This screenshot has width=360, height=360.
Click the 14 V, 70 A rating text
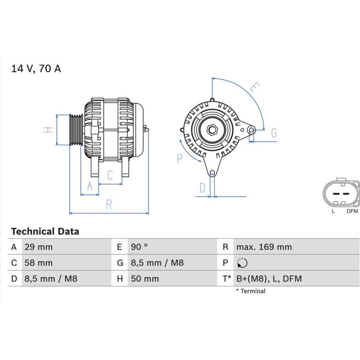[x=36, y=69]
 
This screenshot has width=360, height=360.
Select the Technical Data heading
[x=45, y=231]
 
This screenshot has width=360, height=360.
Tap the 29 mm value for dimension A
[x=39, y=247]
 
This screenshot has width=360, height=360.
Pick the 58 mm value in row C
[x=39, y=263]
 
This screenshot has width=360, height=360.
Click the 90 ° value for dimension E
[x=139, y=247]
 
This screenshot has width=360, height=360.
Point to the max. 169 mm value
[x=264, y=247]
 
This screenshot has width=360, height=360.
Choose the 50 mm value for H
[x=145, y=279]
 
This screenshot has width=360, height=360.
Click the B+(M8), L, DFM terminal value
[x=269, y=279]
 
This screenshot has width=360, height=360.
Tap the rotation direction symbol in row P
[x=242, y=263]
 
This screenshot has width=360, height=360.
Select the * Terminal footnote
[x=251, y=291]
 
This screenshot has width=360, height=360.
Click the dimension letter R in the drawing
[x=109, y=204]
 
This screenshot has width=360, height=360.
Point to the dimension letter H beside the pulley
[x=48, y=130]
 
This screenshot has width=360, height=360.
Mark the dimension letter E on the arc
[x=255, y=87]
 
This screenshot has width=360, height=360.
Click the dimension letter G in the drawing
[x=274, y=133]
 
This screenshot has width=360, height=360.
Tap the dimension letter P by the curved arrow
[x=180, y=159]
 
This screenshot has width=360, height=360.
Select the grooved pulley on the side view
[x=76, y=130]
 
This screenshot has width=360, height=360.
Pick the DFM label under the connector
[x=352, y=211]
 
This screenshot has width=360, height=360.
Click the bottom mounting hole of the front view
[x=212, y=173]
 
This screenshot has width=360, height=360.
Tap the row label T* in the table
[x=227, y=279]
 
